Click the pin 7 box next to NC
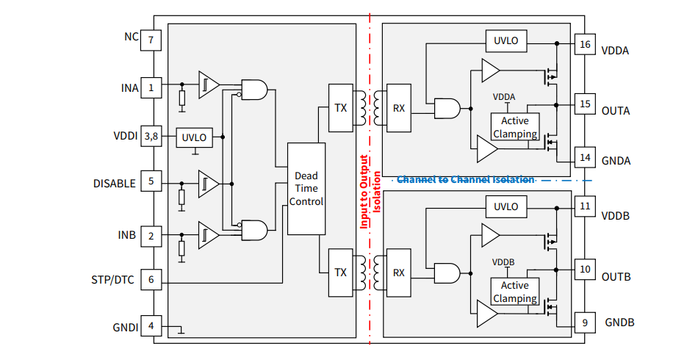(x=151, y=40)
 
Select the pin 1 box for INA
(x=151, y=88)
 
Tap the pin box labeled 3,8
(x=151, y=136)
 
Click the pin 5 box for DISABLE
(x=151, y=182)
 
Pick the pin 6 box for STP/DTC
(x=151, y=279)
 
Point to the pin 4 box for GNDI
(x=151, y=326)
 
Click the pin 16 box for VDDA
(x=585, y=45)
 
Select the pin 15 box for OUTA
(x=585, y=104)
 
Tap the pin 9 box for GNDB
(x=585, y=323)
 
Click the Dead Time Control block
(x=306, y=188)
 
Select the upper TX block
(x=340, y=108)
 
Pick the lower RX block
(x=398, y=273)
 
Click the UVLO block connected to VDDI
(x=194, y=137)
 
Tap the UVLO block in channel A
(x=506, y=40)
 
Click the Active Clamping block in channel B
(x=514, y=292)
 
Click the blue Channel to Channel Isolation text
(x=465, y=179)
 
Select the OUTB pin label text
(x=616, y=277)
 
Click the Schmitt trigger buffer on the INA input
(x=209, y=86)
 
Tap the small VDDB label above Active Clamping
(x=503, y=262)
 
